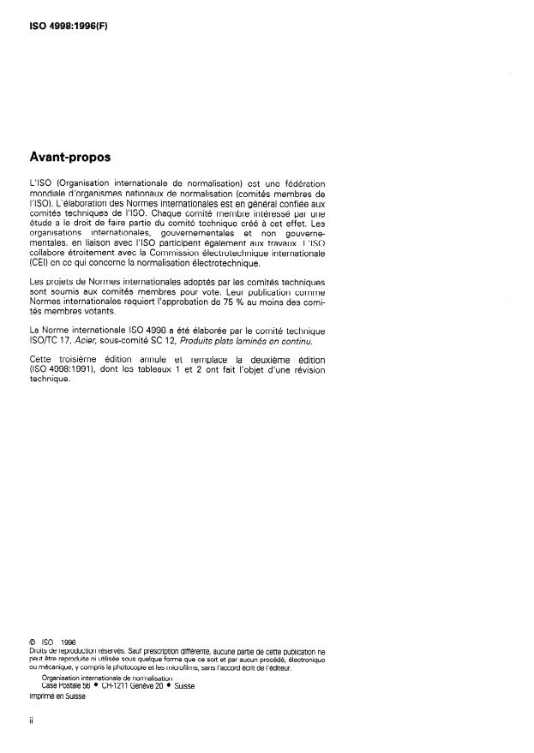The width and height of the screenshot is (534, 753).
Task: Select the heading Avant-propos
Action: pos(74,158)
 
